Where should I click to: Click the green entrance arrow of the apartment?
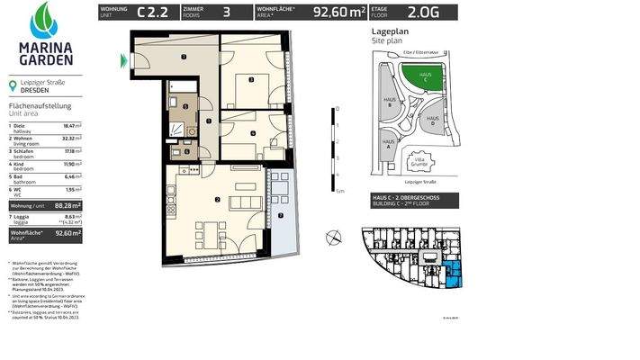[123, 61]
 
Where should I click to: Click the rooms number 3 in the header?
[225, 13]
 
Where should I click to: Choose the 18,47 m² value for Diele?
[73, 126]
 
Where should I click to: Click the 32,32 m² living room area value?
[71, 138]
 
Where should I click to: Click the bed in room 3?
[250, 87]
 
